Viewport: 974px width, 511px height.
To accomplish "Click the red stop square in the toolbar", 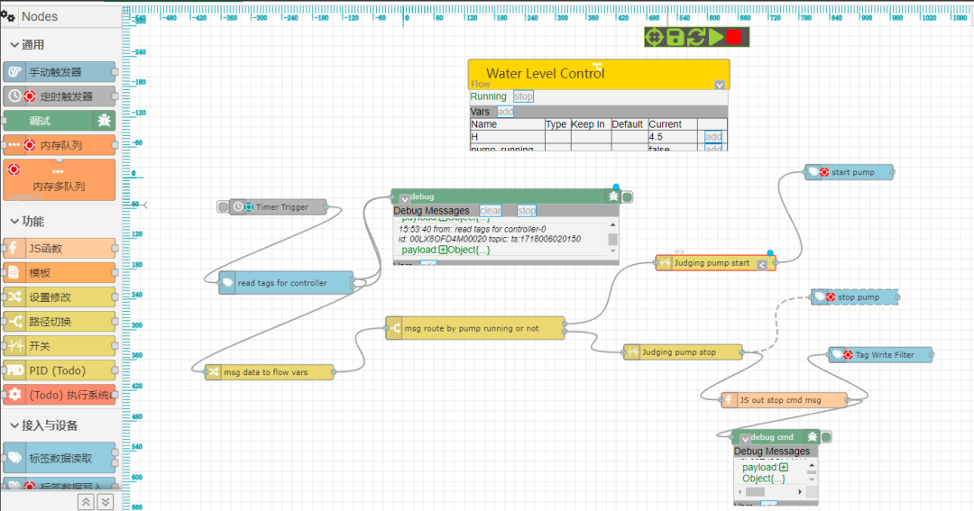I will coord(734,37).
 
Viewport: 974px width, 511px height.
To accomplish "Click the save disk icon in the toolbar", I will coord(675,37).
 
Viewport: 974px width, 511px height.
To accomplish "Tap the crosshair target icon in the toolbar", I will coord(654,37).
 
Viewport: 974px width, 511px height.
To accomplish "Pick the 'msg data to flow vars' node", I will coord(269,371).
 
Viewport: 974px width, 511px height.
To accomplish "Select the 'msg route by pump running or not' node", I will coord(474,329).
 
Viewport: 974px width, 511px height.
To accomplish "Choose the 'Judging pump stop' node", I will coord(683,352).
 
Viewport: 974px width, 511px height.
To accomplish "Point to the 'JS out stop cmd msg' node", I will coord(783,400).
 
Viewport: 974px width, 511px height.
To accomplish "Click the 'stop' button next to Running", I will coord(523,96).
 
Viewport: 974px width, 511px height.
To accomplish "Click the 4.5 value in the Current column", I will coord(657,137).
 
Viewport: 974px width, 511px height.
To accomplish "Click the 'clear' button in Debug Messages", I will coord(490,211).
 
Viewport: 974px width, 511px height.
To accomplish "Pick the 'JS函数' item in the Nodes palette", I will coord(60,249).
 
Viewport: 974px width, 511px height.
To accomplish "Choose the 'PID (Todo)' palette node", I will coord(60,370).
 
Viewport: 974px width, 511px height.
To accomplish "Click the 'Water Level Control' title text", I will coord(545,73).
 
